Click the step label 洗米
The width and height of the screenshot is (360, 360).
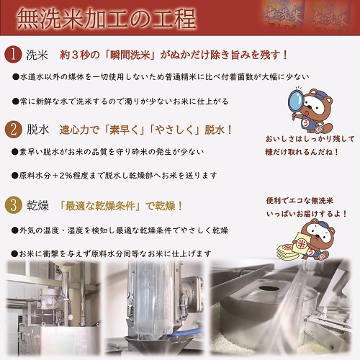(x=37, y=55)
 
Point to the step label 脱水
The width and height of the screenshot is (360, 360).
(x=37, y=130)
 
